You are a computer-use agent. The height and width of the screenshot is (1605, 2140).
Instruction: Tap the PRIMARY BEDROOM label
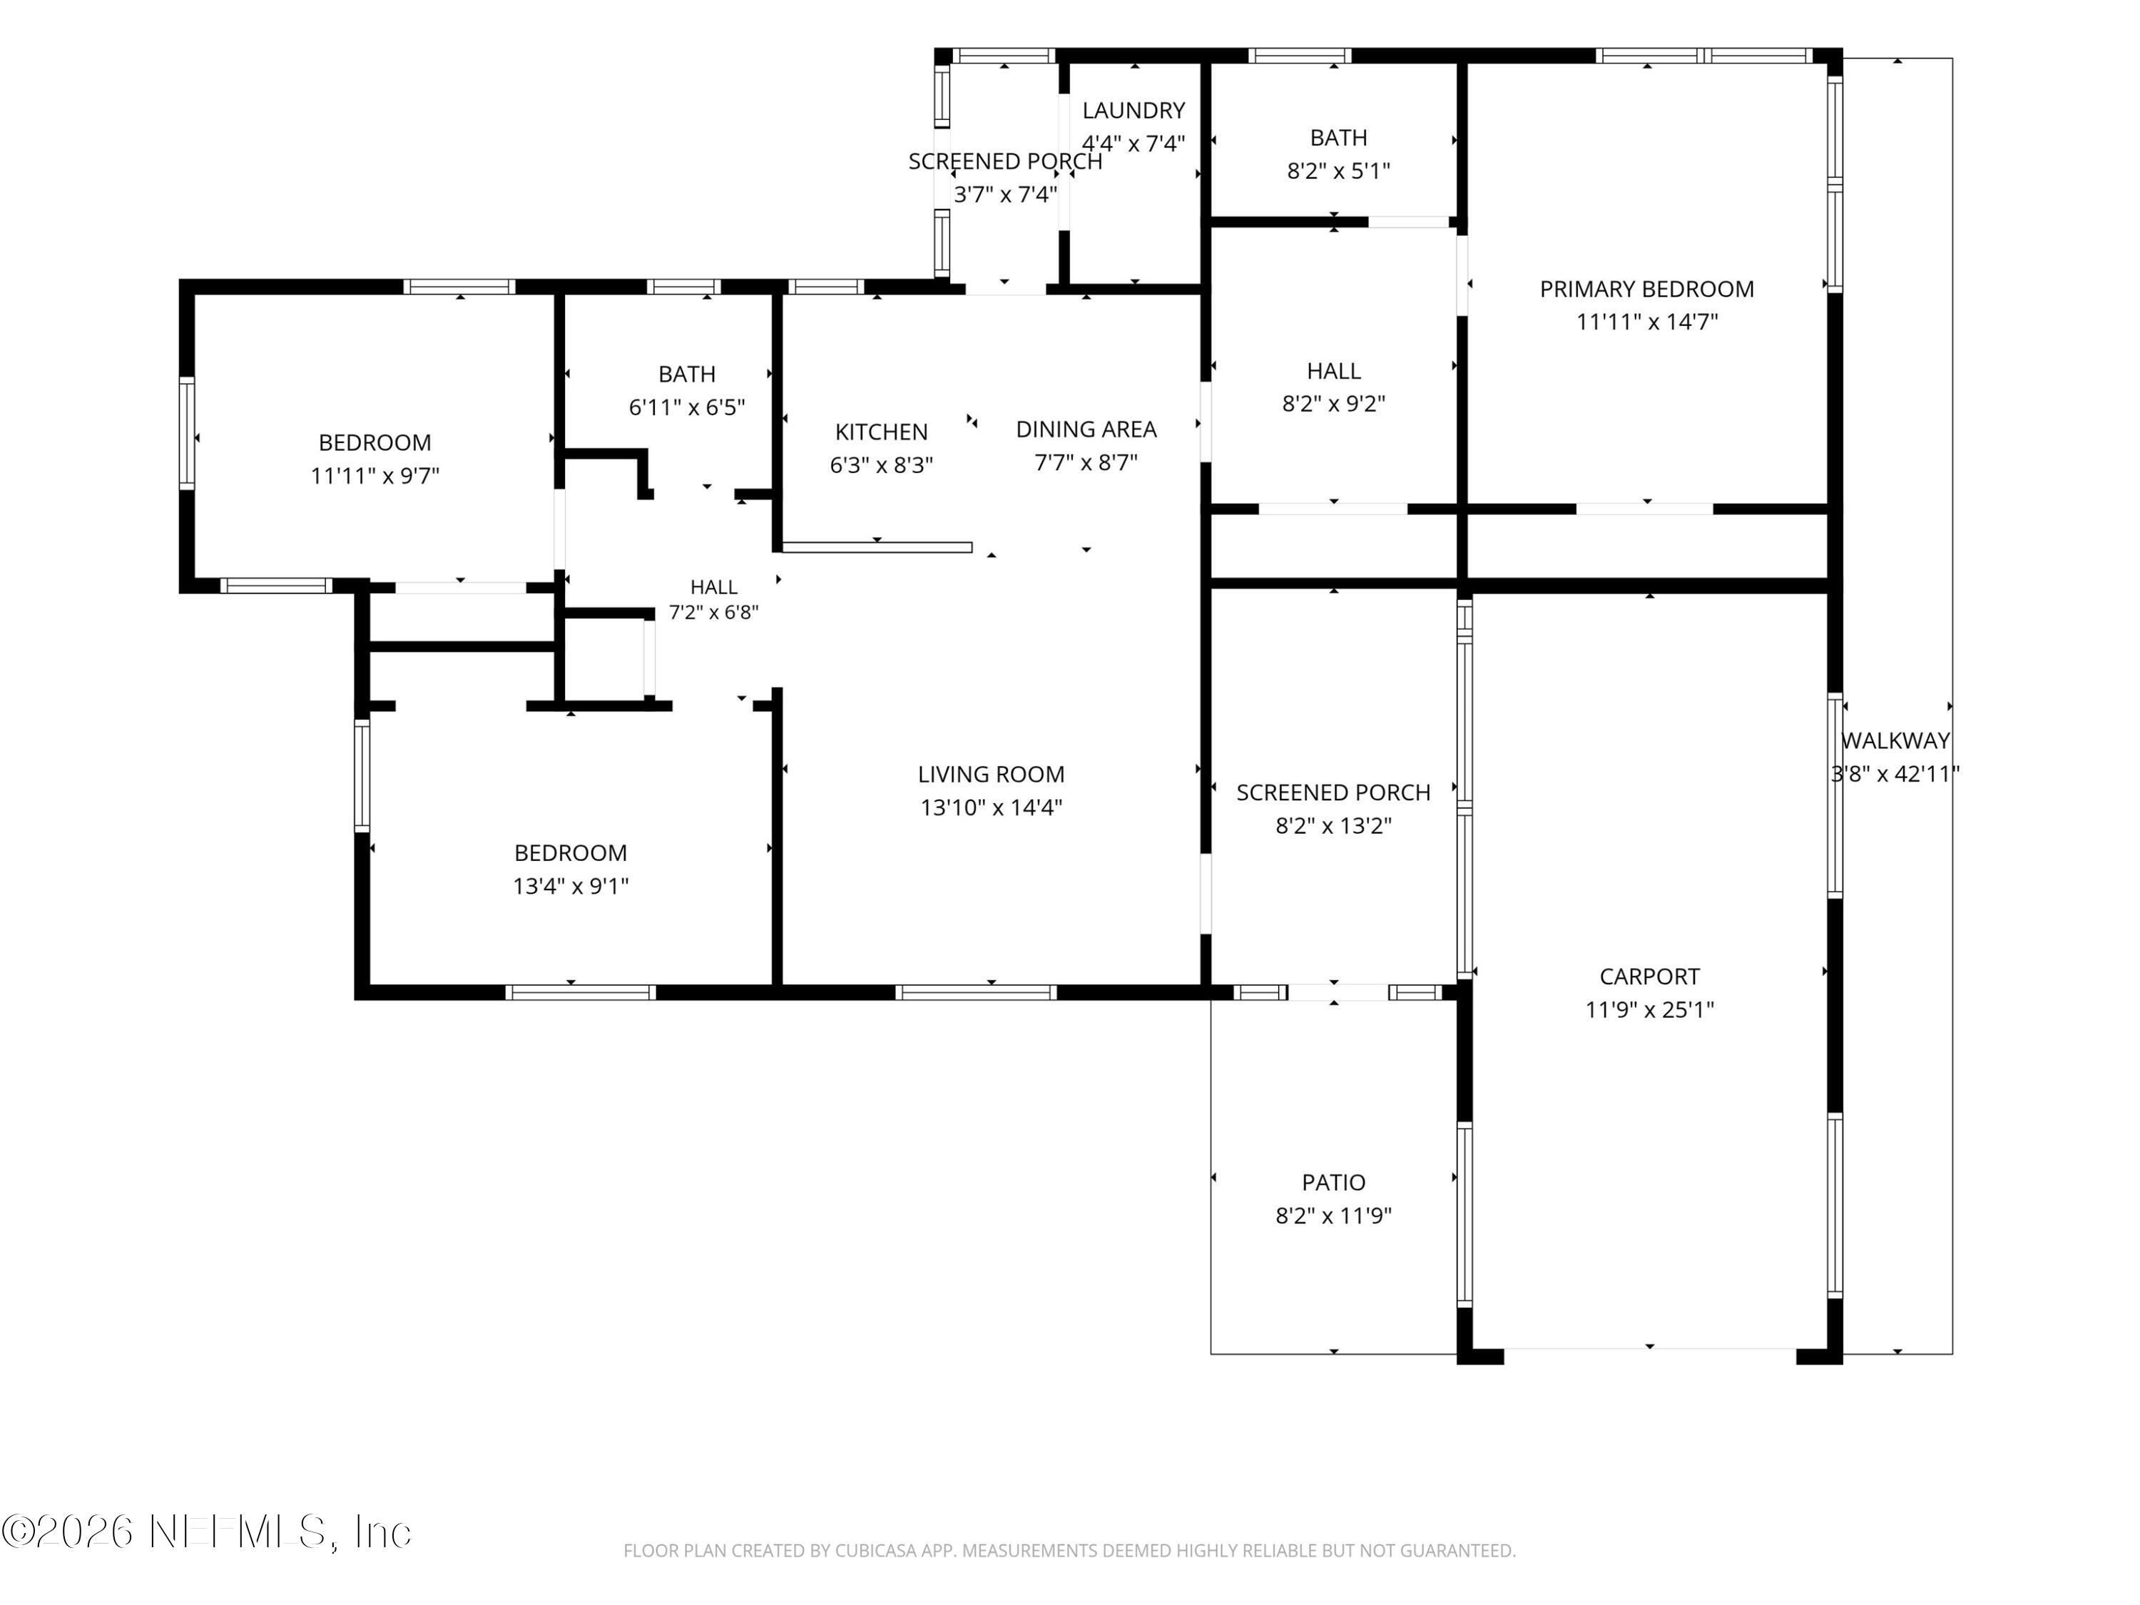click(x=1646, y=288)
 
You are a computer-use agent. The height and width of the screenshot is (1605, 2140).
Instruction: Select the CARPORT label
click(x=1649, y=976)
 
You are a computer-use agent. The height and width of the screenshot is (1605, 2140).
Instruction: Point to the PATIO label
click(x=1333, y=1182)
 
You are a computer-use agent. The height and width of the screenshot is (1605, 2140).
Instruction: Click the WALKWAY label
click(x=1895, y=740)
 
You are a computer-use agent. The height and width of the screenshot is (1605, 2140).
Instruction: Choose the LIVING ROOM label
click(x=991, y=774)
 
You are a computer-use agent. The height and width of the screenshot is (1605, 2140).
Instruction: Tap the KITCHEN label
click(x=882, y=432)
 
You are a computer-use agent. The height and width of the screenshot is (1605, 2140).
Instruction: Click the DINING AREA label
click(x=1086, y=429)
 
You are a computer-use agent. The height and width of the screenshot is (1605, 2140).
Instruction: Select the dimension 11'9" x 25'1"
click(x=1649, y=1009)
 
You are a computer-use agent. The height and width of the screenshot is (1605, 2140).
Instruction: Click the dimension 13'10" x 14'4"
click(x=991, y=807)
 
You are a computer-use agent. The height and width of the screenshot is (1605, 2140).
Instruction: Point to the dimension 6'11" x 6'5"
click(x=687, y=407)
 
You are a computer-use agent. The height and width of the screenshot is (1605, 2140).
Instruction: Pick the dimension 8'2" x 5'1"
click(x=1338, y=170)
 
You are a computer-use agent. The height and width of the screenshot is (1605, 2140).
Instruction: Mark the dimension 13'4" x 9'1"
click(x=571, y=885)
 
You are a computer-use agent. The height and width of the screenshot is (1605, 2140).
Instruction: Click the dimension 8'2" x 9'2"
click(x=1333, y=402)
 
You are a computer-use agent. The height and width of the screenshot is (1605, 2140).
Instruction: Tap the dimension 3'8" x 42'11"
click(x=1895, y=773)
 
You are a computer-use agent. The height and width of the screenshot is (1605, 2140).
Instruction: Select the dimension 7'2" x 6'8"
click(x=714, y=611)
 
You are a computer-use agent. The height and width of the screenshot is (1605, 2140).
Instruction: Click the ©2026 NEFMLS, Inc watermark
click(x=207, y=1532)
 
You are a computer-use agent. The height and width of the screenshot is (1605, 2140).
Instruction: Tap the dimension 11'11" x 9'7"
click(x=374, y=475)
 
